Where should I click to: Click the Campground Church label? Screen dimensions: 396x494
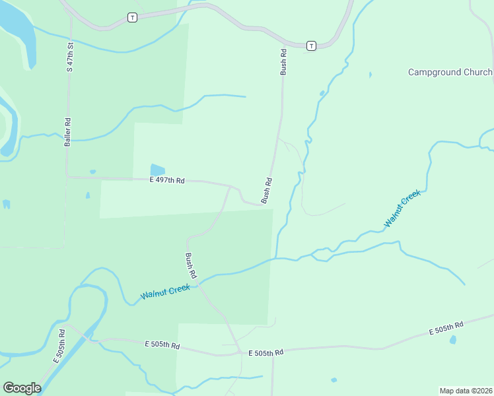450,72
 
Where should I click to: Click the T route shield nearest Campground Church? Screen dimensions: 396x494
310,46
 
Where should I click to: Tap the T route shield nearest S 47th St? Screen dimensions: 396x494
132,17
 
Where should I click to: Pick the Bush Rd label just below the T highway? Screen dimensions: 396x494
283,61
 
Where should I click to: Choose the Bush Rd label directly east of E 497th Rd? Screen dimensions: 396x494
267,191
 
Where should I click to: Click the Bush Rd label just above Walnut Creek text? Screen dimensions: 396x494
191,265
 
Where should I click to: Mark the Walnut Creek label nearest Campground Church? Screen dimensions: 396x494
402,209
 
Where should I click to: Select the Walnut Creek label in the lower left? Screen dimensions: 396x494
165,291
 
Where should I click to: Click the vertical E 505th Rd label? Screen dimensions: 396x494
59,345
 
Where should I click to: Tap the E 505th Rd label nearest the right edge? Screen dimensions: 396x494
446,327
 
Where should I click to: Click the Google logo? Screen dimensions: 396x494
22,388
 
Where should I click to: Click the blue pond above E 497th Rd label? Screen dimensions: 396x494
157,170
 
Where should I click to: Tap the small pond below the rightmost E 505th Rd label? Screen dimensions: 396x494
452,340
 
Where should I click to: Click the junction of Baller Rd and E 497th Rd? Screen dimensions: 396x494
67,177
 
